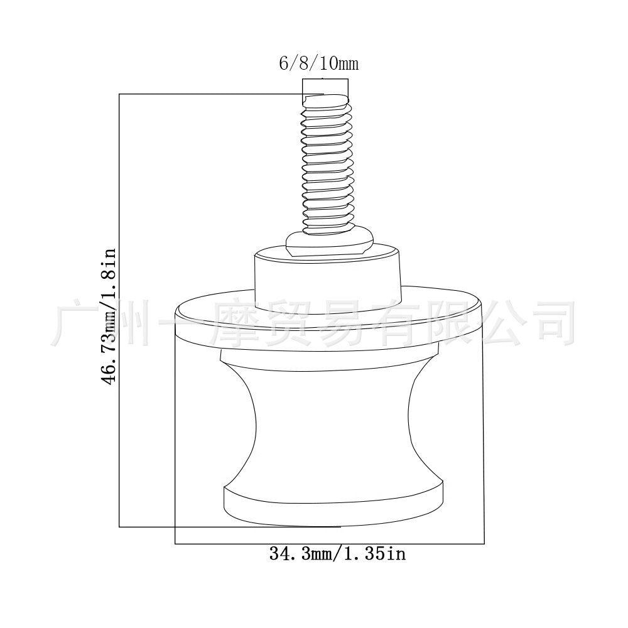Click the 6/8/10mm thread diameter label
click(318, 63)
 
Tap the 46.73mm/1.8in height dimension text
click(108, 317)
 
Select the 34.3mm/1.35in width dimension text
click(337, 553)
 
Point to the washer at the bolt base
click(330, 242)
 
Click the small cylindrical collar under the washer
click(328, 280)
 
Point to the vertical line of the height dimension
click(119, 310)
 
